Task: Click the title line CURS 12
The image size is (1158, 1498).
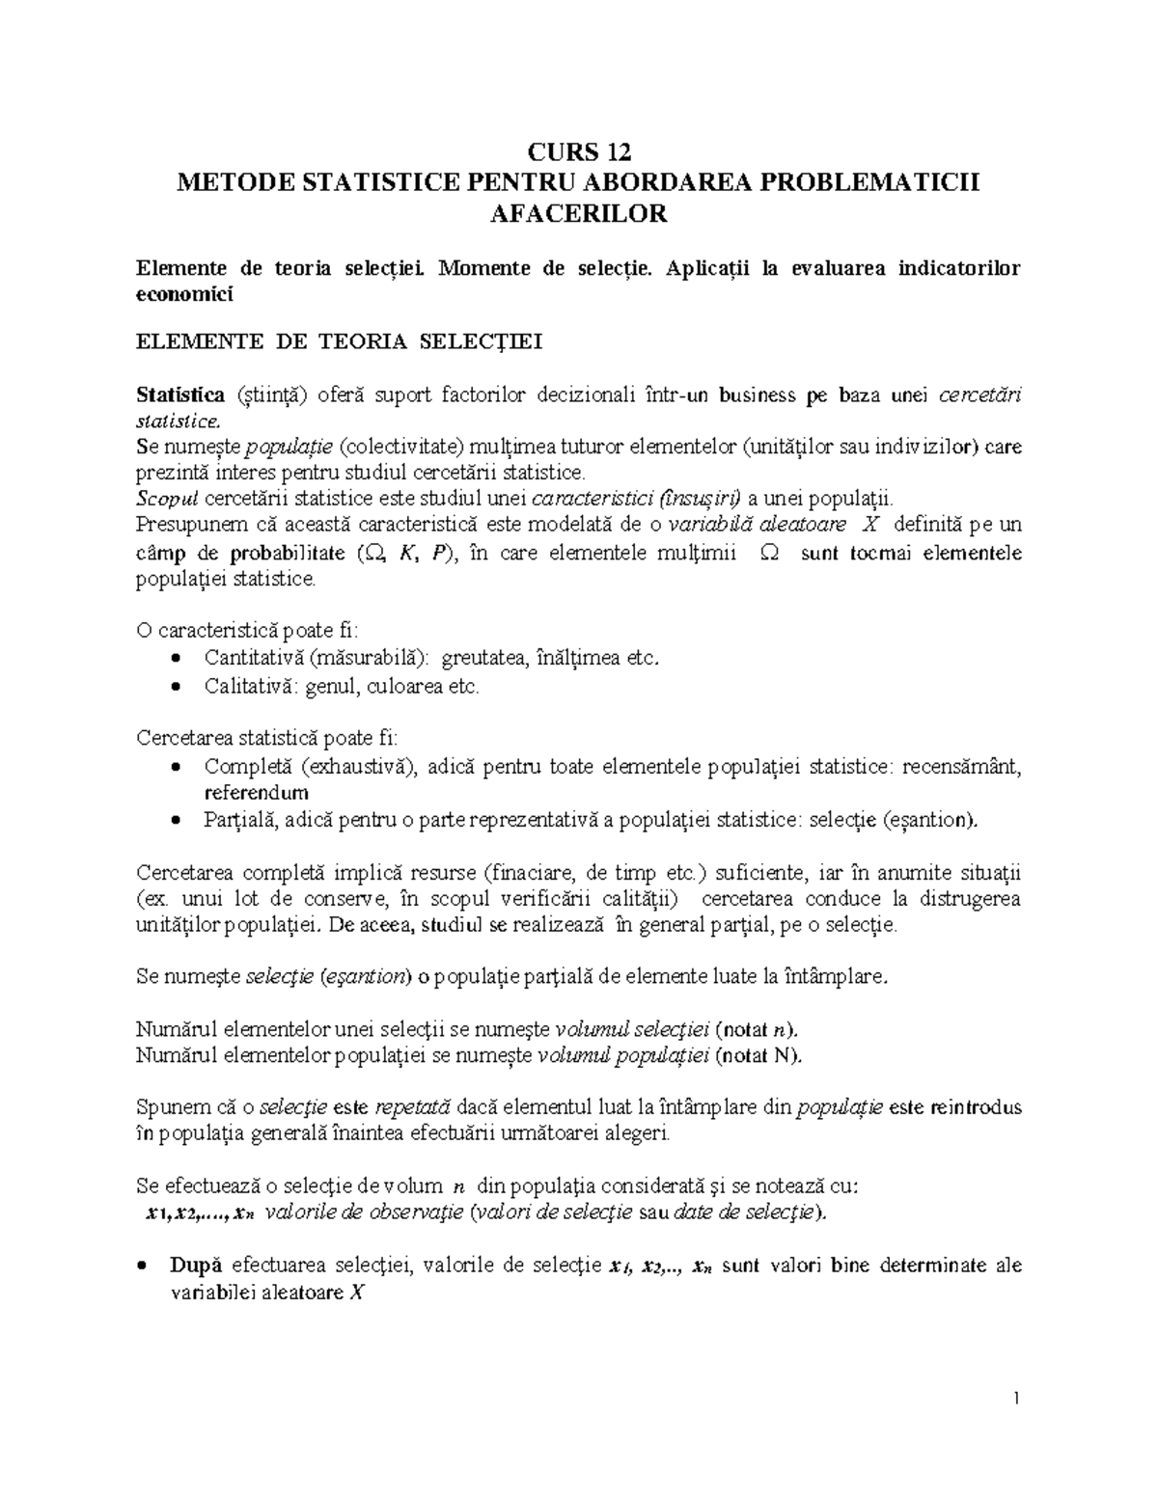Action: pyautogui.click(x=579, y=151)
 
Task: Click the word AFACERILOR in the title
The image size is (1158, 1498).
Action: pyautogui.click(x=579, y=213)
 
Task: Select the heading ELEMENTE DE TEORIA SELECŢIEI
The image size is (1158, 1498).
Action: pyautogui.click(x=340, y=341)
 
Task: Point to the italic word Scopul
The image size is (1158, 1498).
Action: pyautogui.click(x=168, y=499)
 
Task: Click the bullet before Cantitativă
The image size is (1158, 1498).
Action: pyautogui.click(x=175, y=659)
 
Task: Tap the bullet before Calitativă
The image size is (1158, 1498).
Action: pyautogui.click(x=175, y=687)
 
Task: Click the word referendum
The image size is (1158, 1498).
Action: pyautogui.click(x=256, y=794)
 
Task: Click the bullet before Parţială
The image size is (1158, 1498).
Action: pyautogui.click(x=175, y=821)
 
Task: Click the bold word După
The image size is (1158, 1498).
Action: pyautogui.click(x=196, y=1266)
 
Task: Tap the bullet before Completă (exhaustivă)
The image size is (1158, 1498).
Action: pyautogui.click(x=175, y=767)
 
